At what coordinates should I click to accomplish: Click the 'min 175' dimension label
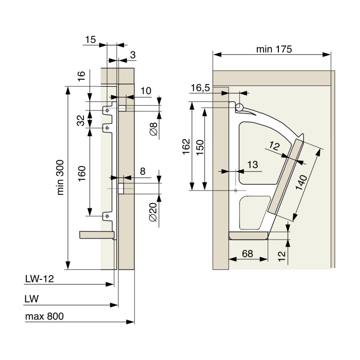pyautogui.click(x=274, y=49)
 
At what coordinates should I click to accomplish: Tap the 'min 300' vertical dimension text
pyautogui.click(x=60, y=178)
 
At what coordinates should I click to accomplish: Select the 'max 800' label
pyautogui.click(x=44, y=316)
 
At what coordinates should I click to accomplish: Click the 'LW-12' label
pyautogui.click(x=39, y=279)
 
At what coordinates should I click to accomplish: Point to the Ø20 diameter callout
pyautogui.click(x=153, y=212)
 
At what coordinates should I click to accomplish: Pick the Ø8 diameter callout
pyautogui.click(x=154, y=129)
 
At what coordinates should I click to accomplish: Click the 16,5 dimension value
pyautogui.click(x=201, y=88)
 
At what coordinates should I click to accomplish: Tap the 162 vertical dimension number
pyautogui.click(x=186, y=146)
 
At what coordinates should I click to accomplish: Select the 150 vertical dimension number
pyautogui.click(x=200, y=147)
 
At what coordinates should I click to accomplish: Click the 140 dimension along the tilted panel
pyautogui.click(x=301, y=182)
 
